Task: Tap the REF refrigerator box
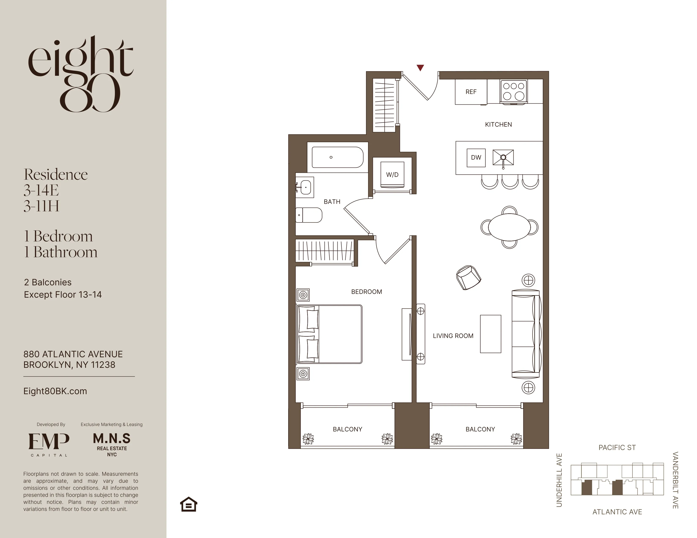point(471,92)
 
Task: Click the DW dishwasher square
point(476,157)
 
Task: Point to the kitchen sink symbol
point(503,157)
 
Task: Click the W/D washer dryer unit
point(392,174)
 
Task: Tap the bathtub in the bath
point(337,157)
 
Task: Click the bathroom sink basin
point(305,187)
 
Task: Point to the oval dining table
point(509,227)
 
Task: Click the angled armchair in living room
point(468,277)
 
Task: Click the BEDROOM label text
point(366,292)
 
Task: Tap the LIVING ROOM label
point(453,336)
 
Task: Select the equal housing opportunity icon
point(189,504)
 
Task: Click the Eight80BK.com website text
point(55,391)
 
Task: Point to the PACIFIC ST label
point(617,447)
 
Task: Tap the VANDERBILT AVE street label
point(675,480)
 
